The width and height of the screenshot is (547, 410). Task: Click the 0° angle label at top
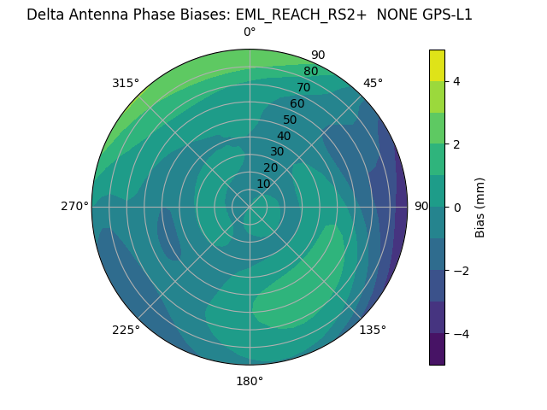pos(250,32)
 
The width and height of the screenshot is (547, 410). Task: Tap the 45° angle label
pos(373,83)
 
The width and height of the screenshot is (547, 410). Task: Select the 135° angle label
pos(373,330)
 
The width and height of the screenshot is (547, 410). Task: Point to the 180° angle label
pos(250,381)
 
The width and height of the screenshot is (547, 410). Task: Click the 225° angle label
pos(126,330)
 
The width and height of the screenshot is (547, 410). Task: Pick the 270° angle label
pos(74,207)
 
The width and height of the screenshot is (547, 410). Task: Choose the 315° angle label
pos(126,83)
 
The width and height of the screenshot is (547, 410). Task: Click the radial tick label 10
pos(263,184)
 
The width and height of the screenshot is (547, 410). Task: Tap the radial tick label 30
pos(277,152)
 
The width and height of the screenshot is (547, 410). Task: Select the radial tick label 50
pos(290,120)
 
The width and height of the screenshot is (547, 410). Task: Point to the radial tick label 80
pos(310,71)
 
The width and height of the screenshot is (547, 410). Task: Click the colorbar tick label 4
pos(456,81)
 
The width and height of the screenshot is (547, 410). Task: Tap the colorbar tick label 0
pos(456,208)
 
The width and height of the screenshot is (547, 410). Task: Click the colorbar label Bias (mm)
pos(480,207)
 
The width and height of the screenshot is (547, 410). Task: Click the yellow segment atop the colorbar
pos(437,65)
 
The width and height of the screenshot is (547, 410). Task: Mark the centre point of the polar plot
pos(250,207)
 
